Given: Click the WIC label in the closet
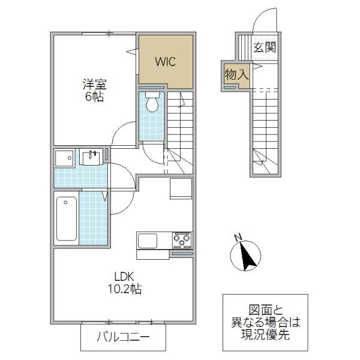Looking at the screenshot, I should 166,61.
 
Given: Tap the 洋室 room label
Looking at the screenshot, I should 95,85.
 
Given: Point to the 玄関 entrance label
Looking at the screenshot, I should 265,48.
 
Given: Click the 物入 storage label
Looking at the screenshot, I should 236,75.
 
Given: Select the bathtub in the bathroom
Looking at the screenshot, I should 66,217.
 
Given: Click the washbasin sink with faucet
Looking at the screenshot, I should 92,157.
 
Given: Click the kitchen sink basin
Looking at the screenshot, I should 148,241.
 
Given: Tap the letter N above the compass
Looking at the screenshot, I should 238,236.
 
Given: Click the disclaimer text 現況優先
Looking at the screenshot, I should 265,335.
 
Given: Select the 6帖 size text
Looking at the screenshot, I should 95,97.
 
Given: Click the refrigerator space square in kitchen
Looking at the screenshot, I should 180,188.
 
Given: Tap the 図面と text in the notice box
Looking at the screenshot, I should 265,310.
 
